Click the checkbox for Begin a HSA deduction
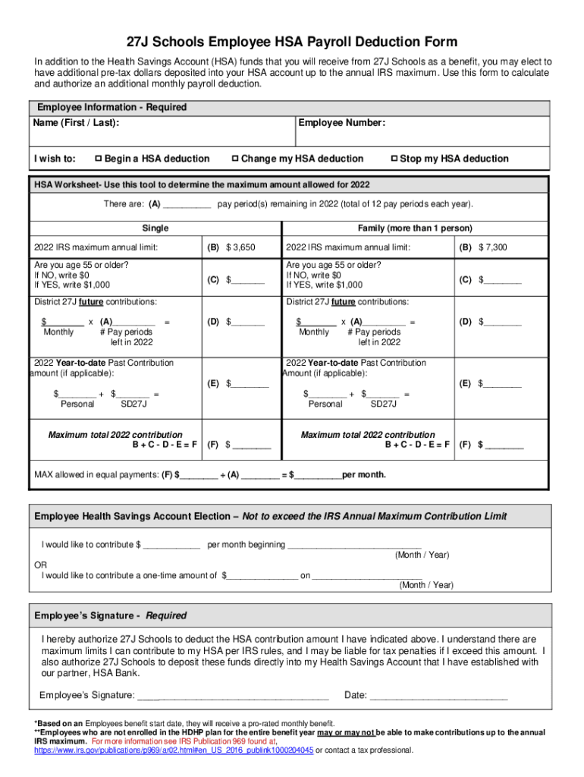(98, 159)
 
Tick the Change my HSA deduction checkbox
(235, 159)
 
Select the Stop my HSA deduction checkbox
(394, 159)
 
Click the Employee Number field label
(342, 123)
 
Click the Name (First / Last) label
(75, 123)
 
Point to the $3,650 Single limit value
(240, 247)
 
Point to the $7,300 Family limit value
(493, 247)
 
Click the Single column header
(155, 228)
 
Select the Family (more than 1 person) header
(414, 228)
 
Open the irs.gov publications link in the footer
(174, 750)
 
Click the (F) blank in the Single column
(251, 445)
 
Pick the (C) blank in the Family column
(503, 280)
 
